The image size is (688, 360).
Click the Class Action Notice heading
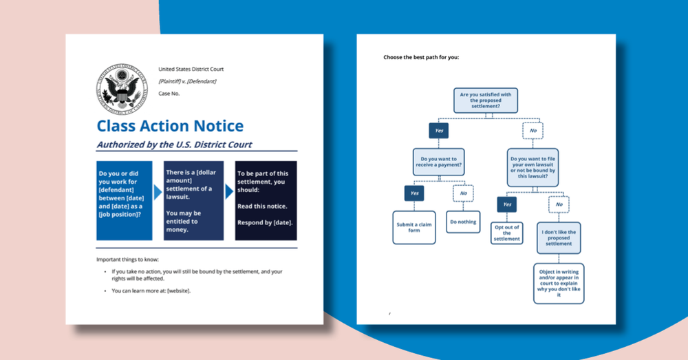170,125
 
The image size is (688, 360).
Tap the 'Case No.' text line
169,94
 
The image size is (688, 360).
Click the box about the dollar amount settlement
193,200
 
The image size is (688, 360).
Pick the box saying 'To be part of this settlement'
266,200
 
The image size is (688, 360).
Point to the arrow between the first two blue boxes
158,192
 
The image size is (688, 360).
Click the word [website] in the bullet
179,290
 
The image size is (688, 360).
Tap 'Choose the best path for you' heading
421,57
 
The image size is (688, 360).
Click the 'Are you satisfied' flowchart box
486,100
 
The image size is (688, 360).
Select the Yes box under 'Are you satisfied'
438,130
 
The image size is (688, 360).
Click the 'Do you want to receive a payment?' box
438,163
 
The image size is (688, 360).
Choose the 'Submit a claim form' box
414,227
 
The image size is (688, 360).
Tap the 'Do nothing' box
463,222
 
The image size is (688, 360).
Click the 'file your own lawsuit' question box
533,167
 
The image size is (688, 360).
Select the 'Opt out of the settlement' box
507,233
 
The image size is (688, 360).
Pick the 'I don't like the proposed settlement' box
559,237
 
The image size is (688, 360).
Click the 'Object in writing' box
559,283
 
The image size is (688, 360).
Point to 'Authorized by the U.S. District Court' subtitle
174,145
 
